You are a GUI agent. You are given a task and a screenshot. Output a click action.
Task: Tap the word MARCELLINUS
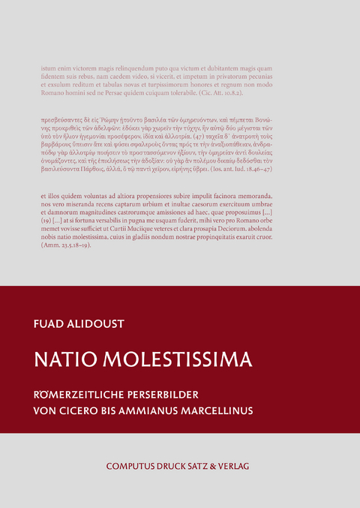coord(253,411)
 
